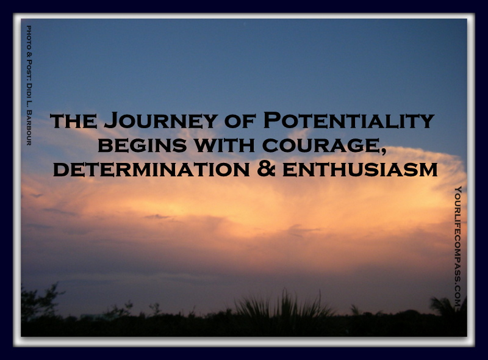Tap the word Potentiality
tap(349, 120)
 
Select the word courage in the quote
tap(320, 145)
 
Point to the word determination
tap(151, 170)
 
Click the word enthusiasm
tap(360, 170)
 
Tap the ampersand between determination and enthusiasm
tap(266, 169)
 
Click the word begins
tap(142, 145)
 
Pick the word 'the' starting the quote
tap(73, 121)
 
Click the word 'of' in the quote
tap(240, 121)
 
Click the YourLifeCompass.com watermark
tap(457, 248)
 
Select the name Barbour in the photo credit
tap(29, 128)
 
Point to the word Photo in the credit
tap(29, 37)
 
